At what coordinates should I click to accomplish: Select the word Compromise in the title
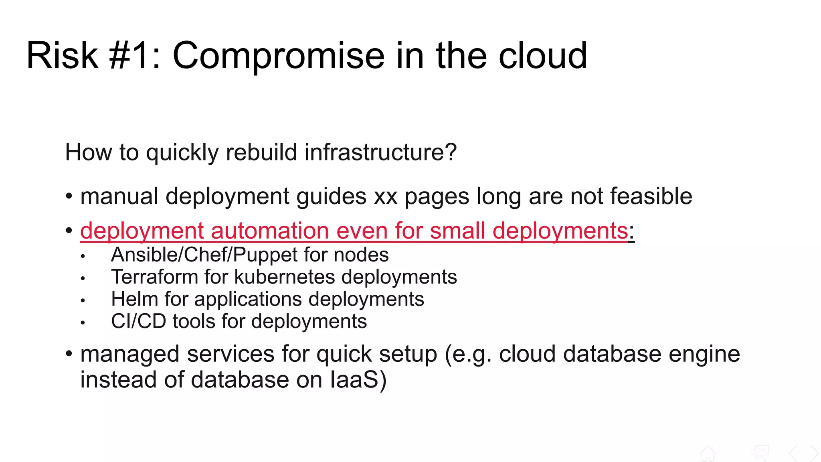[x=279, y=56]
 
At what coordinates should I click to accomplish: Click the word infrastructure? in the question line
[x=380, y=152]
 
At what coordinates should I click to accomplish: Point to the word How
[x=88, y=152]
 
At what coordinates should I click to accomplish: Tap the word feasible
[x=651, y=197]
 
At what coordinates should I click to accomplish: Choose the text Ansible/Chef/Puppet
[x=204, y=255]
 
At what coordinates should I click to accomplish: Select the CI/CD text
[x=138, y=322]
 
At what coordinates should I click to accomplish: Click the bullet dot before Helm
[x=83, y=300]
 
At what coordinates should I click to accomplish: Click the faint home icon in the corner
[x=708, y=454]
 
